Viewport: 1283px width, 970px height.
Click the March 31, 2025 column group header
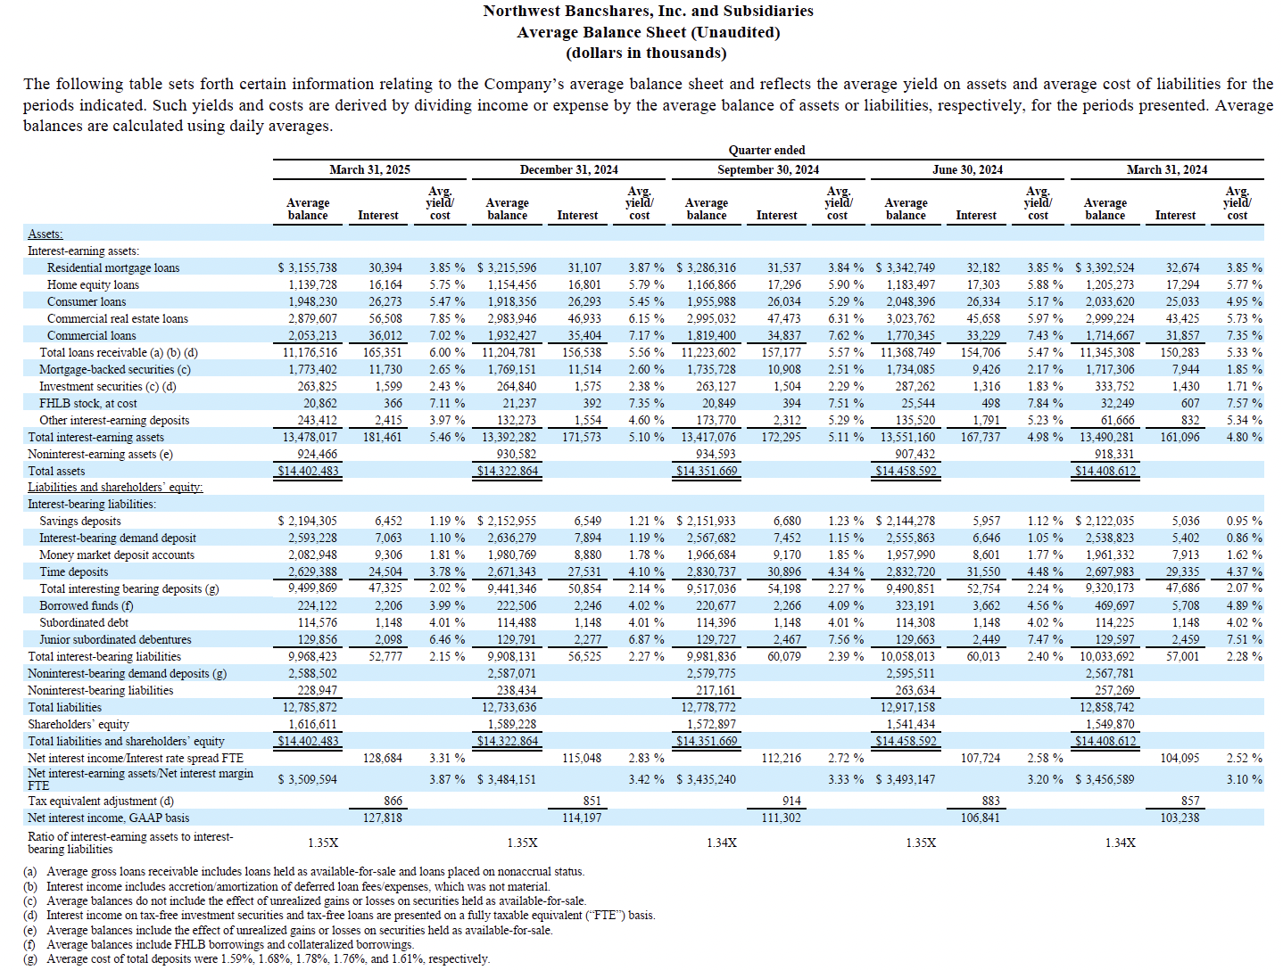point(369,169)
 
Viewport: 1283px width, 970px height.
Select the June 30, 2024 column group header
point(967,169)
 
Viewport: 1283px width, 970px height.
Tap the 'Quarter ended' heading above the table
point(766,150)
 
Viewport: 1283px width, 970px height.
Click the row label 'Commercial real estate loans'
point(118,318)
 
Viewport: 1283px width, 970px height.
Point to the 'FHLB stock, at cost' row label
point(87,403)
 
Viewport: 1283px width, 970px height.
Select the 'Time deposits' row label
point(74,571)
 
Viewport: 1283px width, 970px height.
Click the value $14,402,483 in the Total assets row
point(308,471)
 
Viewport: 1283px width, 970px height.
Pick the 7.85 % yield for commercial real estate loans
point(447,318)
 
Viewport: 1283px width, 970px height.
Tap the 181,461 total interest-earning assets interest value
point(382,437)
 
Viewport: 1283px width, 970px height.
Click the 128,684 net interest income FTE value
point(382,758)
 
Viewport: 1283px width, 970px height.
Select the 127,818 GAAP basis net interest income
point(382,818)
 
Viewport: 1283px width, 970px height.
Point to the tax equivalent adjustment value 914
point(791,801)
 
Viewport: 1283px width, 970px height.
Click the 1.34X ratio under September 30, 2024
point(721,843)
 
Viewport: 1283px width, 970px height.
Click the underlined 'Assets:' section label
point(45,234)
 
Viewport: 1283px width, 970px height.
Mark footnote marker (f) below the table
point(29,944)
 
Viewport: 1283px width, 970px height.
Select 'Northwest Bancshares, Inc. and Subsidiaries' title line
point(649,11)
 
